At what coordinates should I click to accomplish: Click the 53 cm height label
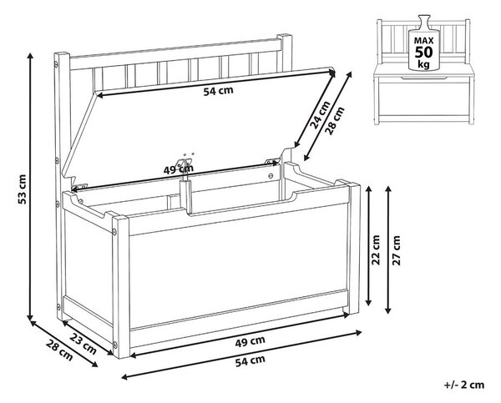(x=22, y=189)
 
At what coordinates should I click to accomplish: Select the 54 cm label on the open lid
(x=219, y=91)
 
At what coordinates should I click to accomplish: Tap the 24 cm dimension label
(x=320, y=114)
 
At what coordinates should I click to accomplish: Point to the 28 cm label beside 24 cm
(x=336, y=120)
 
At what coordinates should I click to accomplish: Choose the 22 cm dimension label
(x=377, y=249)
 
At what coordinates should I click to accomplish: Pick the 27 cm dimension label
(x=396, y=249)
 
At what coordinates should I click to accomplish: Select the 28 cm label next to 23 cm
(x=59, y=350)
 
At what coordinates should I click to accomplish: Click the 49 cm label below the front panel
(x=250, y=341)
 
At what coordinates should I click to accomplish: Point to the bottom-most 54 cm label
(x=250, y=360)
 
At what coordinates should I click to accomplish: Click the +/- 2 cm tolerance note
(x=464, y=385)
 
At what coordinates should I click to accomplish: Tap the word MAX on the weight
(x=423, y=41)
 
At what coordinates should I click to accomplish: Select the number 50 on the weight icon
(x=423, y=52)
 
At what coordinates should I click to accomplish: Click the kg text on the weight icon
(x=423, y=64)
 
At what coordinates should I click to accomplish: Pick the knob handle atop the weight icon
(x=424, y=22)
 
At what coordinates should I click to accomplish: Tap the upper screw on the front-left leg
(x=114, y=230)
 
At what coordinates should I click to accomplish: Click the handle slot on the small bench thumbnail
(x=423, y=78)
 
